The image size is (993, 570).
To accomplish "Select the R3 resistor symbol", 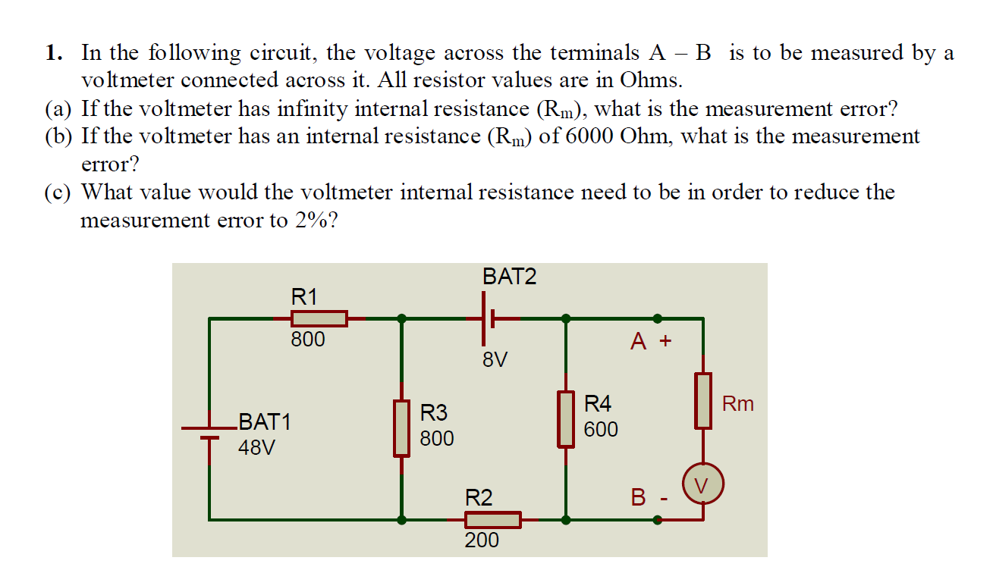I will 401,428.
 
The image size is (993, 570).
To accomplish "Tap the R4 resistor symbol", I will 566,418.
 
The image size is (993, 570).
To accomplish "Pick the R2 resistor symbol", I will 492,520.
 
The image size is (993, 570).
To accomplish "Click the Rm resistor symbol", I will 703,401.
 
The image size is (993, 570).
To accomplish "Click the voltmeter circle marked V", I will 703,484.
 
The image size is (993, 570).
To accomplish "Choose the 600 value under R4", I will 601,430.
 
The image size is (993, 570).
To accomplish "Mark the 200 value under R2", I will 482,540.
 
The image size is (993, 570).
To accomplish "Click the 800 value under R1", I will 308,340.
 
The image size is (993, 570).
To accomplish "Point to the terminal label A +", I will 651,342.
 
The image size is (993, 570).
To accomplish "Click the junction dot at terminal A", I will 657,319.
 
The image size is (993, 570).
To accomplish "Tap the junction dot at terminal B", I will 657,520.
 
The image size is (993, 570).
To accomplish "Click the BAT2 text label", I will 509,277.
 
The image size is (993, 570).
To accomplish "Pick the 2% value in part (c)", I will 310,221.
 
